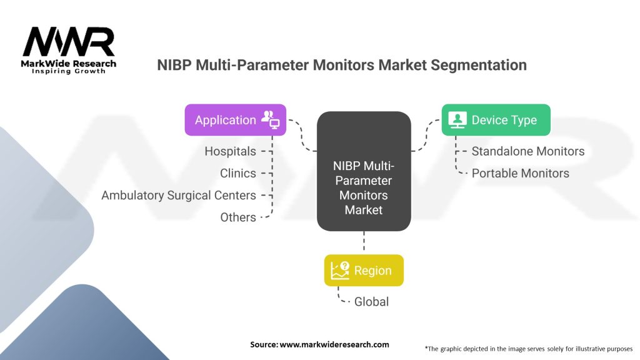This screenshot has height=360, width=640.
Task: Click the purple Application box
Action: (235, 120)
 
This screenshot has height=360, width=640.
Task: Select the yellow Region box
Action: (364, 271)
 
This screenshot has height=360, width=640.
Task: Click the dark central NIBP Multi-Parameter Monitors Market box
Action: (364, 187)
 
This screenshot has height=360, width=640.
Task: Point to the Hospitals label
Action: (230, 151)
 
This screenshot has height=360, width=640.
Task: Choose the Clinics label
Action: (237, 173)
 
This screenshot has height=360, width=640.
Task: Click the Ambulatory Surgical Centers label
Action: (179, 195)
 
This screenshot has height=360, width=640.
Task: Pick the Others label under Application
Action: (237, 217)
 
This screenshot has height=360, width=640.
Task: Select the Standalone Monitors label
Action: (527, 151)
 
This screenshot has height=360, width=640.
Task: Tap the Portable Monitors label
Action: (520, 173)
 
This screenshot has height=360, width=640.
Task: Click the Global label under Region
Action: (371, 301)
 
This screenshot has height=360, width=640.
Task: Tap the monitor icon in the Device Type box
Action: (457, 119)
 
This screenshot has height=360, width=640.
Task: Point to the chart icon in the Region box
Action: (340, 271)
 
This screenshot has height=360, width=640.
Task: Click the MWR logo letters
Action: (69, 42)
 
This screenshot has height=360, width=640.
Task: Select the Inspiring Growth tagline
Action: (69, 71)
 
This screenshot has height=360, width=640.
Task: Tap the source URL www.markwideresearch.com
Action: (334, 344)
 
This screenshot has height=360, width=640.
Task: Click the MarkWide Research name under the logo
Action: (69, 64)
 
